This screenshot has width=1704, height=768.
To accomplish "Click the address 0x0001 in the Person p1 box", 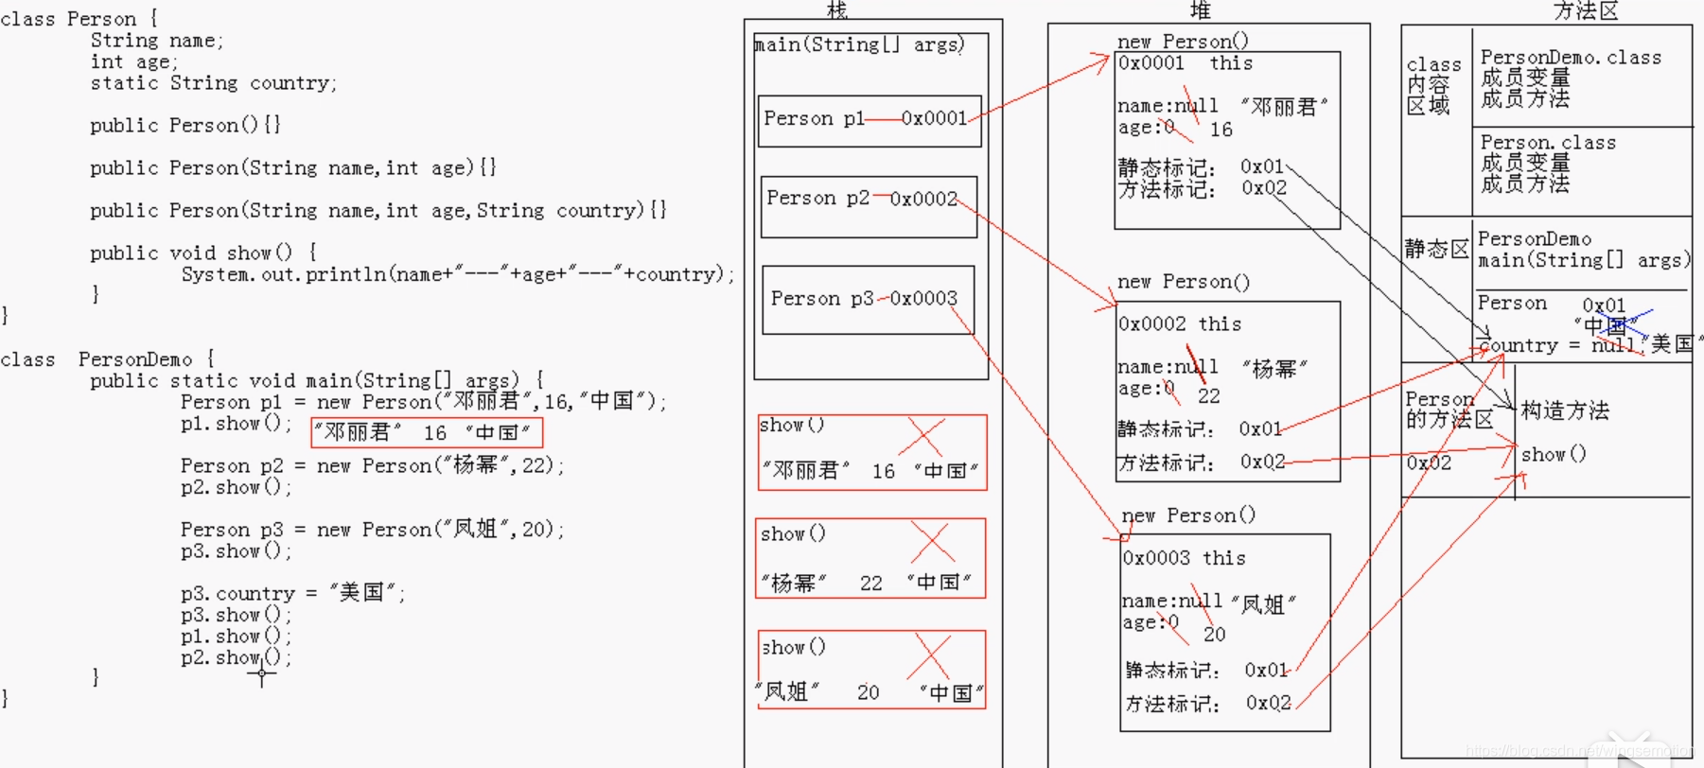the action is tap(934, 118).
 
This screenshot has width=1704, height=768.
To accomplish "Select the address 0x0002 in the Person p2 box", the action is tap(923, 199).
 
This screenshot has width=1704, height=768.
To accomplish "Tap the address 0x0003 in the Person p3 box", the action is tap(923, 299).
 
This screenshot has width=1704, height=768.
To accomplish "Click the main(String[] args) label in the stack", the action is tap(859, 44).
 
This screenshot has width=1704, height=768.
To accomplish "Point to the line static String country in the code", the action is tap(213, 83).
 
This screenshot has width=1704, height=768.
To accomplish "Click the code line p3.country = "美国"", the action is tap(292, 593).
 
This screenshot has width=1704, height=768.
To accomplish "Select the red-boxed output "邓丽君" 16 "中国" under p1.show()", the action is tap(427, 432).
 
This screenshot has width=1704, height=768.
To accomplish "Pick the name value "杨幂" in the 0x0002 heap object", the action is tap(1274, 369).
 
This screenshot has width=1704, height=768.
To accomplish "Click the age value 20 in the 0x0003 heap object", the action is tap(1215, 635).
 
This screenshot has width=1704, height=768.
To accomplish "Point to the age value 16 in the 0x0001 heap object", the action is tap(1221, 130).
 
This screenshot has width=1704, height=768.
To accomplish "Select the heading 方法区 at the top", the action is tap(1586, 11).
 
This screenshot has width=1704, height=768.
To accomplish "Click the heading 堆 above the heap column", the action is tap(1201, 11).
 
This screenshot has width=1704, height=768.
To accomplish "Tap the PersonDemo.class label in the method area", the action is tap(1571, 58).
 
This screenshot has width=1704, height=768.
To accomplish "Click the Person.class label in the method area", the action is tap(1548, 143).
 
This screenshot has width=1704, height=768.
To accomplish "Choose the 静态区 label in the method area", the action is tap(1436, 249).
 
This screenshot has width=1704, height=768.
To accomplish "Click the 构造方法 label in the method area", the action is tap(1565, 410).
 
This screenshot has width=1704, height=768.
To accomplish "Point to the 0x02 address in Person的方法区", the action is tap(1429, 463).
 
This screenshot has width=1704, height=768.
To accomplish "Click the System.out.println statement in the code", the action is tap(457, 274).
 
